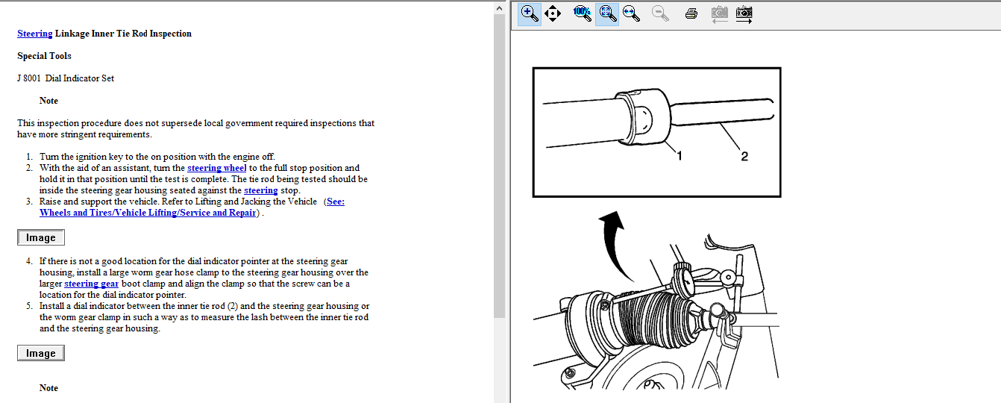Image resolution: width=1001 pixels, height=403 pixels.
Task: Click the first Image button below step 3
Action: pos(41,237)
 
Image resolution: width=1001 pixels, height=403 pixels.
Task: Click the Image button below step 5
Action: pos(41,353)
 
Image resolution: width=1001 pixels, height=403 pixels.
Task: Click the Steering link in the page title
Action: pos(35,34)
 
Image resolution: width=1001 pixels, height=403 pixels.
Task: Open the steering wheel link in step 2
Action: pos(216,168)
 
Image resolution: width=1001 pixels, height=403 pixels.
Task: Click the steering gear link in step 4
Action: pos(91,284)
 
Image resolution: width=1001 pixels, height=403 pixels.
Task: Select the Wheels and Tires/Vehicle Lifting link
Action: pos(148,213)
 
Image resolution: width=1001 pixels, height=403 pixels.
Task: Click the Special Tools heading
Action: pos(44,56)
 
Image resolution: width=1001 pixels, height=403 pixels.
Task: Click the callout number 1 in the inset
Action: pos(680,156)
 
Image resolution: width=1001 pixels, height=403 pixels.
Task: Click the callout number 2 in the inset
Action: pos(744,156)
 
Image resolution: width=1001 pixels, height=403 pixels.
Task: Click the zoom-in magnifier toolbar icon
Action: pos(530,13)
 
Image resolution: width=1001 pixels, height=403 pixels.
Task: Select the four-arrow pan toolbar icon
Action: pos(553,13)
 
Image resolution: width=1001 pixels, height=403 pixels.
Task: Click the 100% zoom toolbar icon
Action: pos(582,13)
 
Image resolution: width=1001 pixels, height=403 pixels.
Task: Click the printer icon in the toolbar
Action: pos(691,13)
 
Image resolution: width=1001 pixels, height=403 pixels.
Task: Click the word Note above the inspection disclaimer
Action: pos(48,101)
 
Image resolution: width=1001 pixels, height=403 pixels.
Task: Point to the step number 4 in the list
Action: pos(29,261)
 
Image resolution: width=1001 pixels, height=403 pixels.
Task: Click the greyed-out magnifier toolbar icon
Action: pos(660,13)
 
